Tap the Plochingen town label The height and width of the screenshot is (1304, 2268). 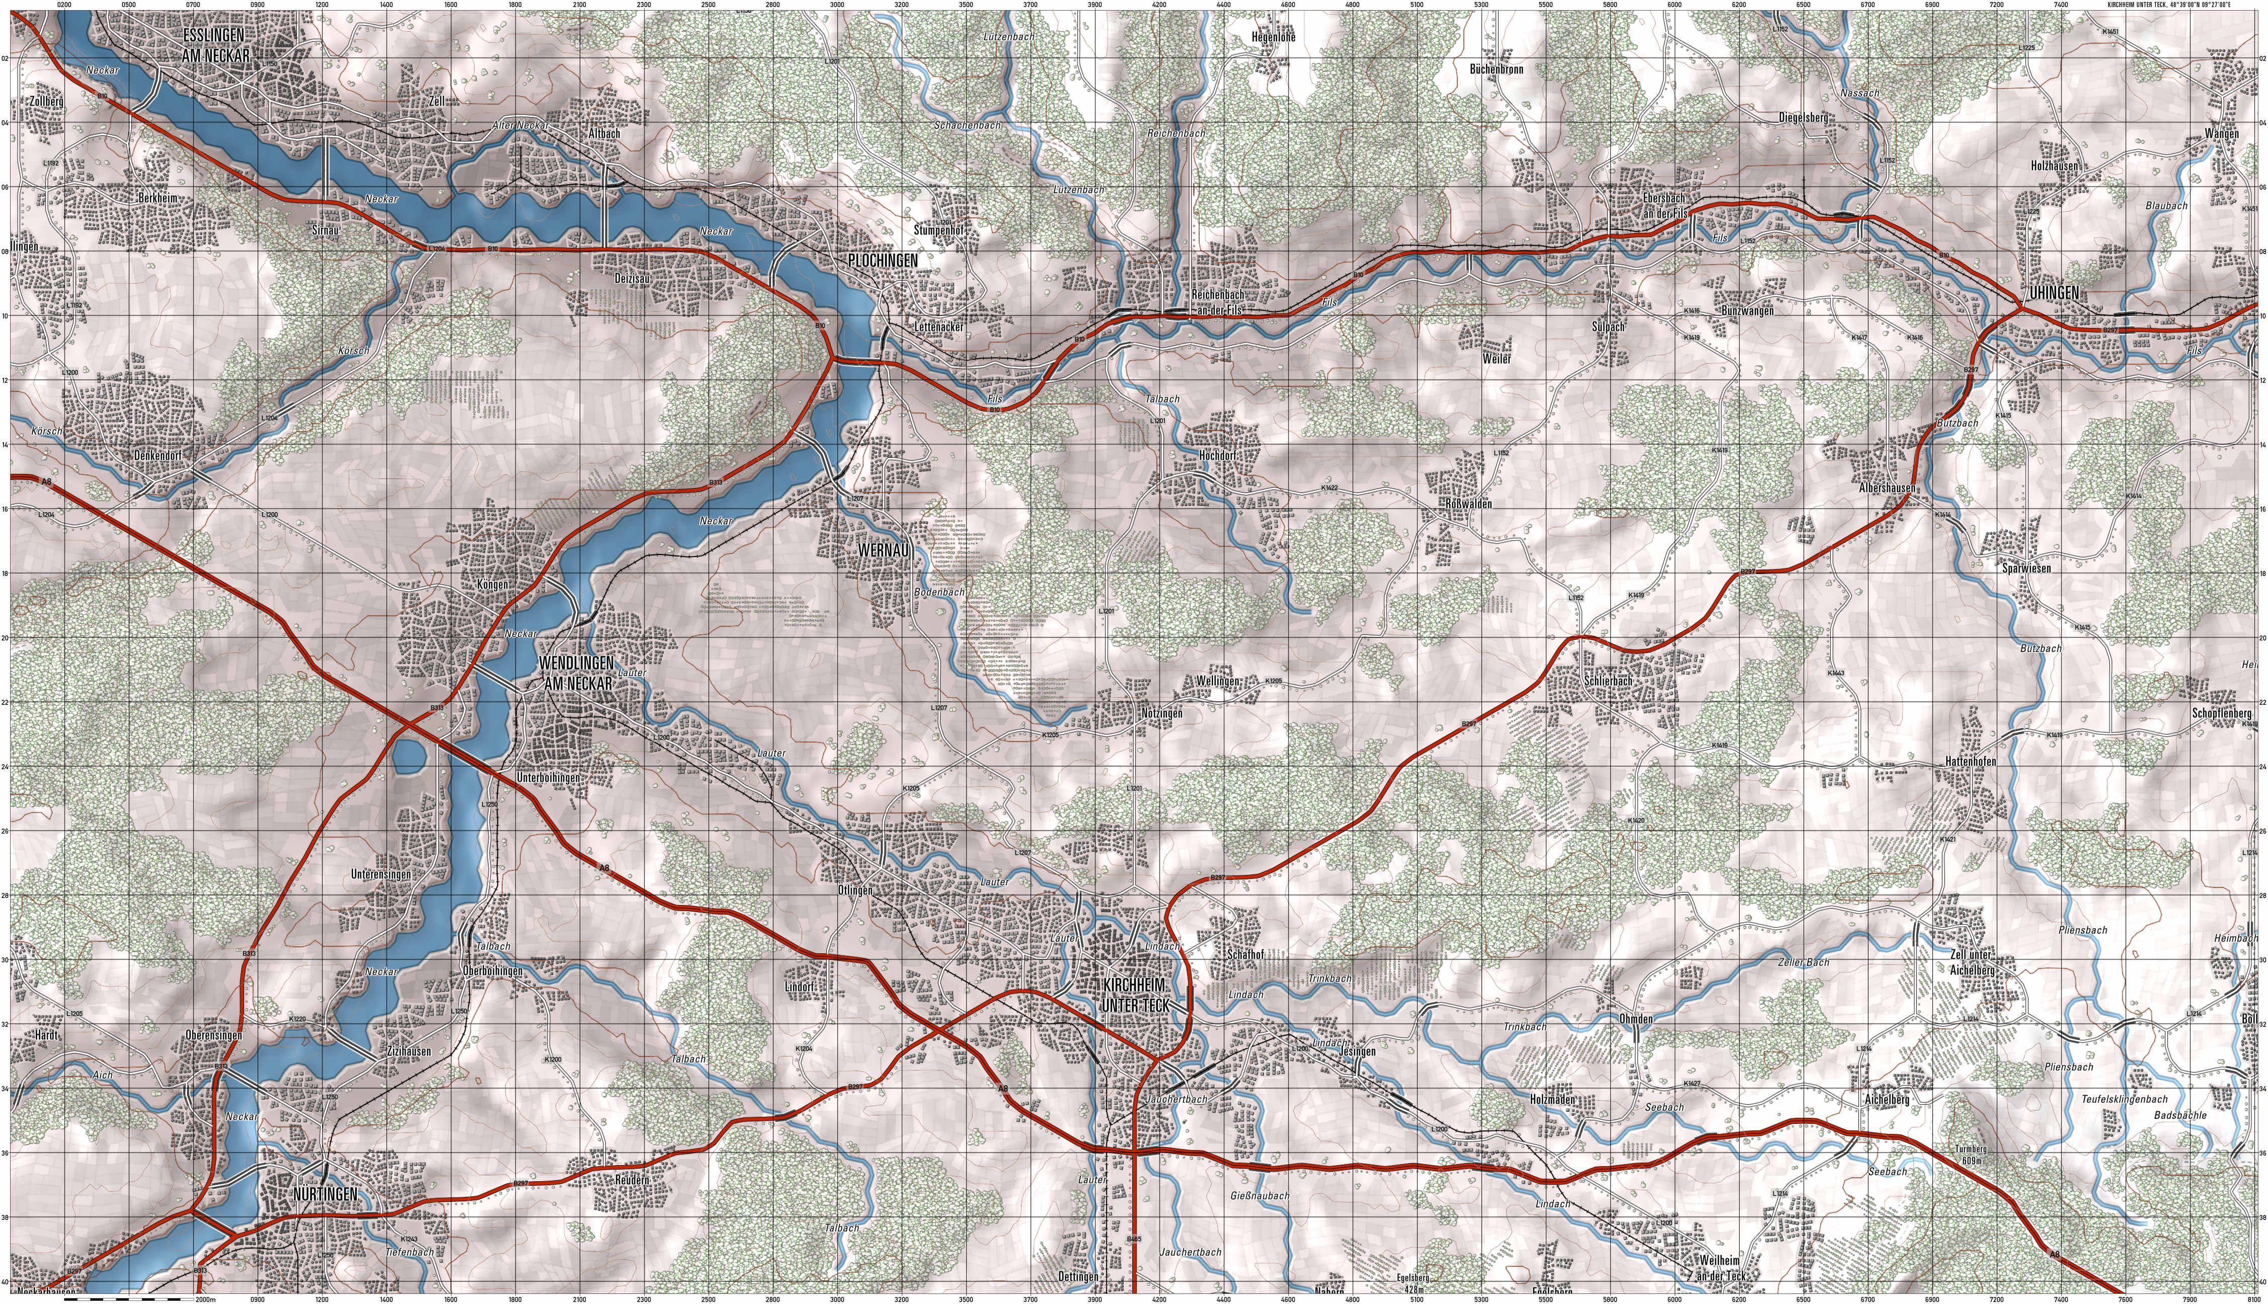pos(882,260)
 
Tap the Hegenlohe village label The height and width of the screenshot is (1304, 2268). pos(1273,38)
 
